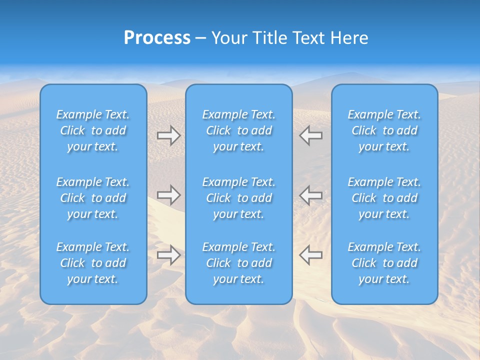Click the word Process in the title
(157, 38)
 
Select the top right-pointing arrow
(168, 135)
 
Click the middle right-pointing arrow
(168, 195)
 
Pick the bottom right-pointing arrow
(168, 255)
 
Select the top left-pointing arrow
(311, 135)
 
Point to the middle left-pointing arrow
(311, 195)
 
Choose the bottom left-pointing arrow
(311, 255)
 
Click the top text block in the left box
(93, 130)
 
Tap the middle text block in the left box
(93, 198)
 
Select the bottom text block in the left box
(93, 263)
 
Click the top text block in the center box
(239, 130)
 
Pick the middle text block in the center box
(239, 198)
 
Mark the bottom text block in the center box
(239, 263)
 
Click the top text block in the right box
(384, 130)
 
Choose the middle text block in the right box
(384, 198)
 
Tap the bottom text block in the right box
(384, 263)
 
